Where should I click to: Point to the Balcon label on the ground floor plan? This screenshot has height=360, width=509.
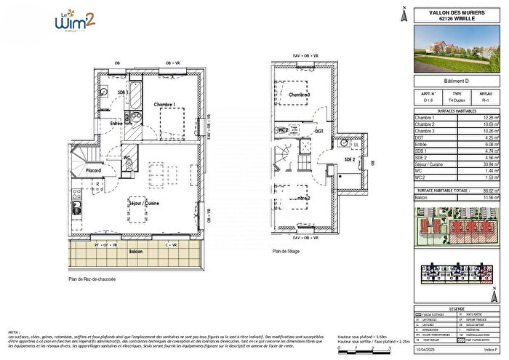point(135,252)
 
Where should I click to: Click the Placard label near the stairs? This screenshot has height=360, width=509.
point(92,172)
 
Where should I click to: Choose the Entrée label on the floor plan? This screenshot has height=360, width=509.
point(116,124)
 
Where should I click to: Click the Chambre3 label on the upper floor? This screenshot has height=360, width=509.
point(299,95)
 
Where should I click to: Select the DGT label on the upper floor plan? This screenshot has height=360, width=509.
point(318,131)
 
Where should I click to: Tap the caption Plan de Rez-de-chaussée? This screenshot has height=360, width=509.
point(92,279)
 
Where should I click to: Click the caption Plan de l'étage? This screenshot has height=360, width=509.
point(287,252)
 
